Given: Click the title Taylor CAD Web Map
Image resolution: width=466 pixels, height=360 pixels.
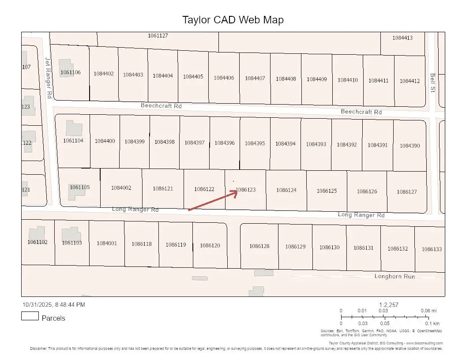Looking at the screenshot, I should [x=233, y=20].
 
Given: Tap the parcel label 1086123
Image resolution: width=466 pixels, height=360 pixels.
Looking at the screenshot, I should [x=246, y=190].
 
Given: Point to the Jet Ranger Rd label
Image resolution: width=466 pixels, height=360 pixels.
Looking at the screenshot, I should [x=49, y=77].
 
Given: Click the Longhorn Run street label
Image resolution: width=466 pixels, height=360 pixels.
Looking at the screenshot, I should [x=395, y=276].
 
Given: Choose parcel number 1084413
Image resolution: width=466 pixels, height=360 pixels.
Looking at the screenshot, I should [x=402, y=38].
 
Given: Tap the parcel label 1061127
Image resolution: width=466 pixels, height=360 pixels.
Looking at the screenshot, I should [x=158, y=35].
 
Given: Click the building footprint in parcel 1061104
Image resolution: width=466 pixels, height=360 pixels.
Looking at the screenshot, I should [x=74, y=128].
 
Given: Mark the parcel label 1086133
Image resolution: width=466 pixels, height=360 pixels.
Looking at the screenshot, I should [x=432, y=249].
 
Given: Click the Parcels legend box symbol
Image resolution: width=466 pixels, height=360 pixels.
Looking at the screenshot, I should [x=30, y=316].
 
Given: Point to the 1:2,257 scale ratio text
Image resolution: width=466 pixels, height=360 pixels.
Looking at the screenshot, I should [x=389, y=304].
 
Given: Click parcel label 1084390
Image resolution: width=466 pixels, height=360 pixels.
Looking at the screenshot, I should [x=410, y=146].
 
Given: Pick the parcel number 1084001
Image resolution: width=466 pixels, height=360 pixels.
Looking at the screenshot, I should [x=107, y=243].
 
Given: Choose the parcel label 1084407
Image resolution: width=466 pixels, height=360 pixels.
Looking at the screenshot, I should [x=255, y=78].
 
